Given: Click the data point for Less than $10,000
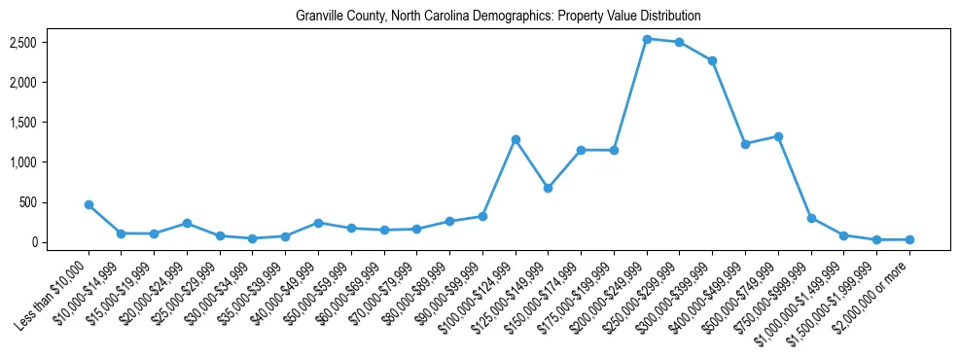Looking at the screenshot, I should pos(89,204).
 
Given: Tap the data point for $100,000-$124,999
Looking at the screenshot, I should pos(516,139).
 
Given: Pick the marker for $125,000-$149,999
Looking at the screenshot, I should pos(548,188).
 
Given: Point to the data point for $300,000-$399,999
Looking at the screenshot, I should pos(712,60).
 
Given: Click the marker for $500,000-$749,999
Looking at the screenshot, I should pos(778,136).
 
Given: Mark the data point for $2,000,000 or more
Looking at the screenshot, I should pos(909,239).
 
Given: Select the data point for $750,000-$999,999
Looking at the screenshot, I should pos(811,218).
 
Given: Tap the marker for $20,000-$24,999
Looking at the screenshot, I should pos(187,223).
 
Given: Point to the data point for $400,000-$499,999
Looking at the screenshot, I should pos(745,144).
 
